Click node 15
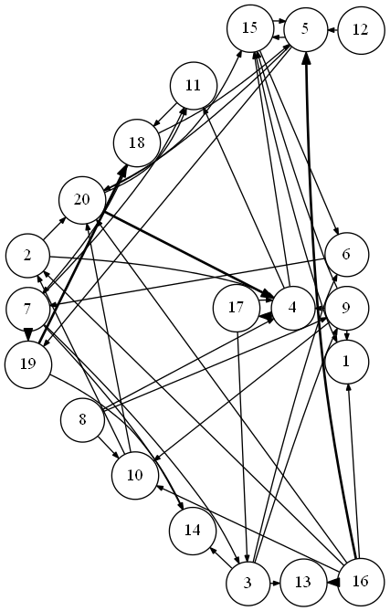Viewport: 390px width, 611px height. pyautogui.click(x=250, y=27)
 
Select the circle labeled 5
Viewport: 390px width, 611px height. pyautogui.click(x=305, y=29)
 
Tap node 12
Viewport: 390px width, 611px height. pyautogui.click(x=360, y=29)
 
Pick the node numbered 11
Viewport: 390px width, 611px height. pyautogui.click(x=194, y=85)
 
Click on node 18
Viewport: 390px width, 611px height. pyautogui.click(x=137, y=142)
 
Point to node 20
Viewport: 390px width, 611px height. pyautogui.click(x=82, y=200)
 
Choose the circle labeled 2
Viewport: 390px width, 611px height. pyautogui.click(x=27, y=255)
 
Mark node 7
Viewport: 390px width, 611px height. pyautogui.click(x=27, y=310)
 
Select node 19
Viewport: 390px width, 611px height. pyautogui.click(x=28, y=363)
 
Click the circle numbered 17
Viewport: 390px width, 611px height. pyautogui.click(x=237, y=308)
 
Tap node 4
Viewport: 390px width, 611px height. pyautogui.click(x=292, y=308)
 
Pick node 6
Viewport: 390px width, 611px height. pyautogui.click(x=346, y=255)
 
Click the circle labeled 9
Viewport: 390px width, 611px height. pyautogui.click(x=346, y=308)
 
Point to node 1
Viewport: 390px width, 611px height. pyautogui.click(x=346, y=362)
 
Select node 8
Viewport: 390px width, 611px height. pyautogui.click(x=82, y=420)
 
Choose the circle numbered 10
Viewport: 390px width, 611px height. pyautogui.click(x=135, y=476)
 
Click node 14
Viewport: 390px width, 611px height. pyautogui.click(x=193, y=531)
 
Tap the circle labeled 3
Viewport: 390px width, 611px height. pyautogui.click(x=248, y=584)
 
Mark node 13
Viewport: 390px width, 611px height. pyautogui.click(x=303, y=582)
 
